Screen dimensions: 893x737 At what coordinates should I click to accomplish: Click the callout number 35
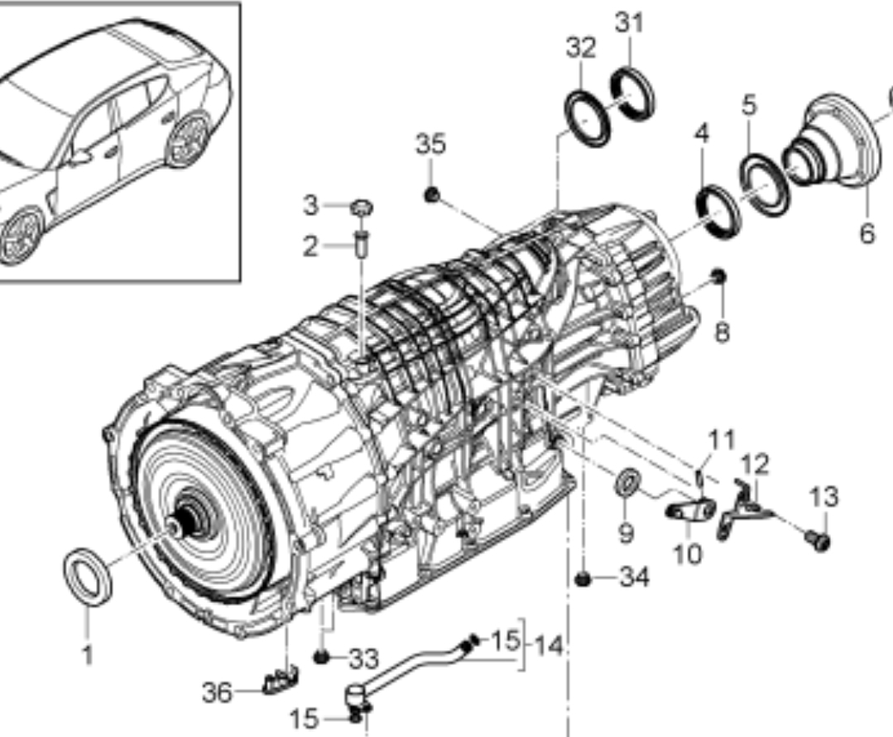pos(430,144)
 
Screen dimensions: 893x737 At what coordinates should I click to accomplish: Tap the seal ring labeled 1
pos(87,576)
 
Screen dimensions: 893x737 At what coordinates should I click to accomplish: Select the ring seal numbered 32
pos(587,118)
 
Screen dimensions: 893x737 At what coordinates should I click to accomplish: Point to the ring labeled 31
pos(633,94)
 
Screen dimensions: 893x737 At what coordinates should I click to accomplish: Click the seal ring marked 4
pos(718,212)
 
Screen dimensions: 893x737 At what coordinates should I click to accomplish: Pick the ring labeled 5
pos(765,185)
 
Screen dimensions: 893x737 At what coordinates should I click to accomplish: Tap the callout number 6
pos(867,233)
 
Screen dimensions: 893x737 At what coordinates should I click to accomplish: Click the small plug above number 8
pos(718,277)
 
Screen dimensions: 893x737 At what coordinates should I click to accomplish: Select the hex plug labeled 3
pos(361,208)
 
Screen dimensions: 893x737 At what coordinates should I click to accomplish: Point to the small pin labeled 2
pos(362,242)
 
